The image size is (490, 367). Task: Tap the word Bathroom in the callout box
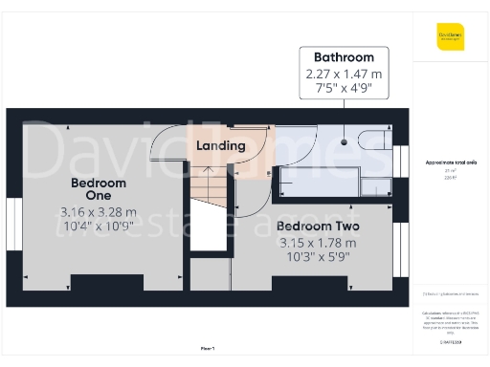[344, 57]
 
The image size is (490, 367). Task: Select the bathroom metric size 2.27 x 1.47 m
[344, 75]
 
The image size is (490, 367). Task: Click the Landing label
[221, 146]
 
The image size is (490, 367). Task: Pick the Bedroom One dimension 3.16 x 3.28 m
[99, 212]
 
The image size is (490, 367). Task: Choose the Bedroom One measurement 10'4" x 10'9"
[99, 227]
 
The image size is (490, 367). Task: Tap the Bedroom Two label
[317, 227]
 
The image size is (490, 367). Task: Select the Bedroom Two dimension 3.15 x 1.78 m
[317, 243]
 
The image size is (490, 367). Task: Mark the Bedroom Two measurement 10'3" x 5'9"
[317, 258]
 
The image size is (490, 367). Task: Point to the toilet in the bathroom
[372, 142]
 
